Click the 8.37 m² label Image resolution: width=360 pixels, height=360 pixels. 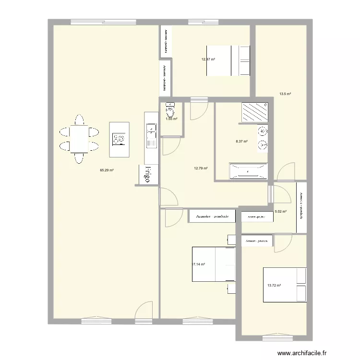coord(241,141)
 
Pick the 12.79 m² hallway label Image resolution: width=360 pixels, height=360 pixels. coord(201,168)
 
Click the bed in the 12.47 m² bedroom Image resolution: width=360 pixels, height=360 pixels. coord(228,60)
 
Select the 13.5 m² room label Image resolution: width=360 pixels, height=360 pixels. coord(286,94)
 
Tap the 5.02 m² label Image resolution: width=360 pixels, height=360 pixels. coord(281,211)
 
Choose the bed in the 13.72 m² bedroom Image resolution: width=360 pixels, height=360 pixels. coord(285,285)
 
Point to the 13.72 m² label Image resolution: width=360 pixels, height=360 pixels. coord(274,285)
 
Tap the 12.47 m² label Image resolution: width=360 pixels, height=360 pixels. coord(208,60)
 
